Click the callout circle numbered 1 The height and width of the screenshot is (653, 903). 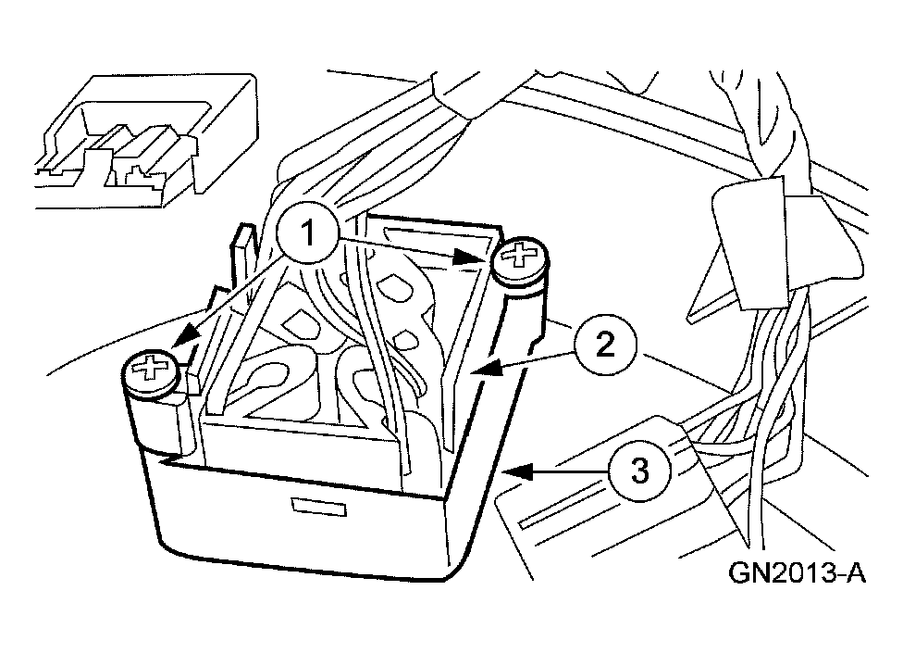tap(307, 233)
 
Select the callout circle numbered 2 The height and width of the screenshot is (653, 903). tap(605, 345)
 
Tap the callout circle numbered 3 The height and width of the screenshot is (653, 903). tap(639, 470)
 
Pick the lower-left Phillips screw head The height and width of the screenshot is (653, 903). tap(152, 373)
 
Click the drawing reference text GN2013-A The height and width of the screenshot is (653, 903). tap(797, 573)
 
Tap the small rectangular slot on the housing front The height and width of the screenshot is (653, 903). tap(319, 507)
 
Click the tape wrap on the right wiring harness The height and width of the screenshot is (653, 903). tap(748, 240)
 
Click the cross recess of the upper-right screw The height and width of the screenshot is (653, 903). tap(520, 254)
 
